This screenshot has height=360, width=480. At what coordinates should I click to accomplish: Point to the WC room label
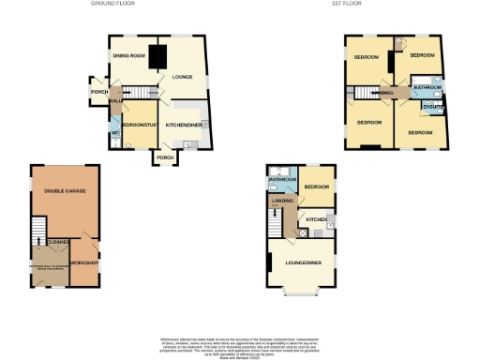coord(114,132)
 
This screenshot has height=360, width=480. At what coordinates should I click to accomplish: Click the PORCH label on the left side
coord(97,91)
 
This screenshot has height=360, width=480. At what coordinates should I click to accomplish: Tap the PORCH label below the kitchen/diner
coord(165,157)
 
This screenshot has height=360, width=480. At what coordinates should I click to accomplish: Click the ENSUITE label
coord(433,107)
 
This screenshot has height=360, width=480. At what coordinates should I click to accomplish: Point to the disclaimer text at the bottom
coord(240,342)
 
